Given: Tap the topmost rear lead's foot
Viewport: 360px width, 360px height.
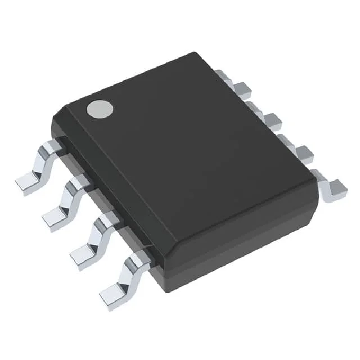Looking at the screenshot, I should coord(242,88).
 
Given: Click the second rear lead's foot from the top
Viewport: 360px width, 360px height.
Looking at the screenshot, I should coord(272,120).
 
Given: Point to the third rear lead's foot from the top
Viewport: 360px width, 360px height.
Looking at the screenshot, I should coord(304,152).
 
